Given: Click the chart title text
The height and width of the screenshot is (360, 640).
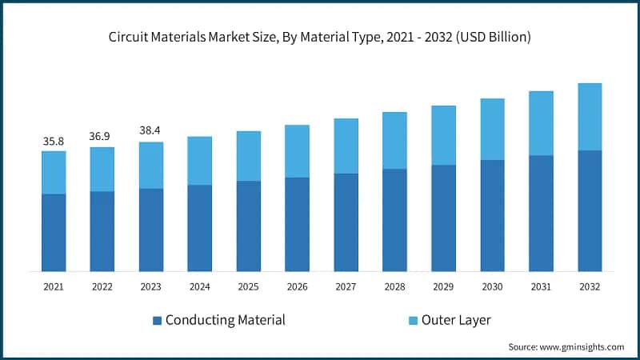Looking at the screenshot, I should click(320, 37).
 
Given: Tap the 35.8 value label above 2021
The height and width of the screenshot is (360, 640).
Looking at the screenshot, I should click(54, 142).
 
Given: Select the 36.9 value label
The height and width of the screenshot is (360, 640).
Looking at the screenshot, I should click(102, 137).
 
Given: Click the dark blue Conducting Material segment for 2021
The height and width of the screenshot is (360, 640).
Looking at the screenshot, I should click(54, 232).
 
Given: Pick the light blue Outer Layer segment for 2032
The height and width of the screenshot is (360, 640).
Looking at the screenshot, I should click(590, 117).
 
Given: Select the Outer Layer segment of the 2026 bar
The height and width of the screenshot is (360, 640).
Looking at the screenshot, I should click(297, 151).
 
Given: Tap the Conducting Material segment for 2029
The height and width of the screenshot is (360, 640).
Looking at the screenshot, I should click(443, 218).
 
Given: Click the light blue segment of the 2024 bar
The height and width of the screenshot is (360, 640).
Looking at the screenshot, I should click(199, 161).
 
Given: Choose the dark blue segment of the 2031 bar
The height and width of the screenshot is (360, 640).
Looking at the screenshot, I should click(541, 213).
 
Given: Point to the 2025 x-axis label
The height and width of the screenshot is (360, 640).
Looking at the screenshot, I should click(248, 286).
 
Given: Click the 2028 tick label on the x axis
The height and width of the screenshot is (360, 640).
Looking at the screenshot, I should click(394, 286).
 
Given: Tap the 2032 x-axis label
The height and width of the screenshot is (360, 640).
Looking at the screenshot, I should click(590, 286).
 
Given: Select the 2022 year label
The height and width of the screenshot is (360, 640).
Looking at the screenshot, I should click(102, 286).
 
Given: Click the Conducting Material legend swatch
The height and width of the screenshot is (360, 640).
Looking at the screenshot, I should click(158, 321).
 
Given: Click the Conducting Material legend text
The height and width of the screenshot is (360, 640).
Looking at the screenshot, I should click(225, 320).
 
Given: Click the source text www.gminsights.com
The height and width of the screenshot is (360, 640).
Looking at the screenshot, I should click(566, 346).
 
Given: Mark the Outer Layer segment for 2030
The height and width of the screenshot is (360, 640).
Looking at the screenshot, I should click(492, 130).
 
